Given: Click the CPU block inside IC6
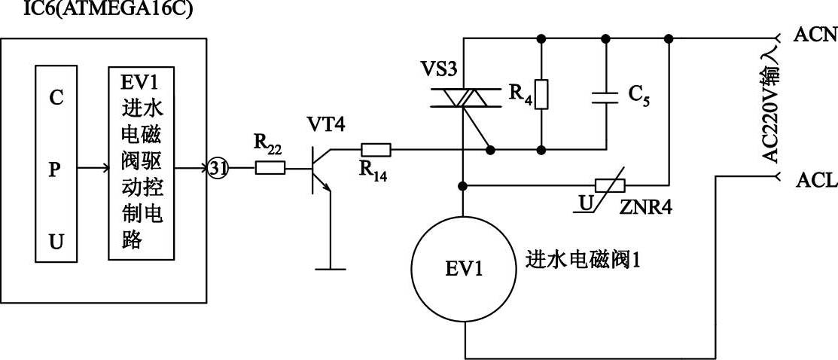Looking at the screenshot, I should pyautogui.click(x=51, y=163).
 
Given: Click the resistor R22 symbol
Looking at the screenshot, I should pyautogui.click(x=270, y=166).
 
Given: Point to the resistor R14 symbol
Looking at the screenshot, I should pyautogui.click(x=375, y=149).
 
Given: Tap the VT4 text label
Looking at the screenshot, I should pyautogui.click(x=326, y=124).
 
